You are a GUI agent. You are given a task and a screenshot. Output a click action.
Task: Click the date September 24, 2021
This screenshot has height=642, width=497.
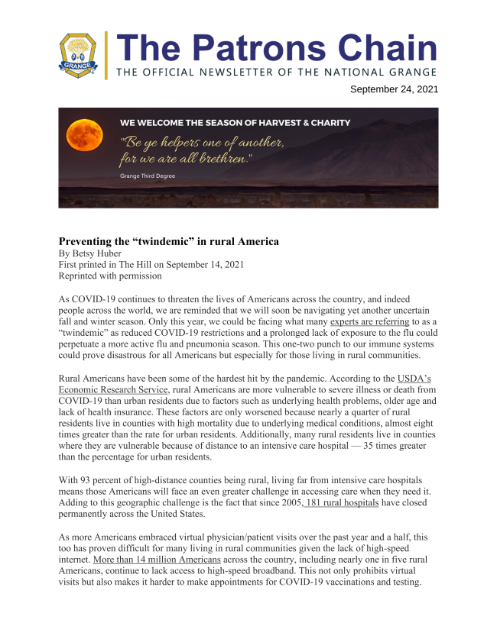[x=394, y=89]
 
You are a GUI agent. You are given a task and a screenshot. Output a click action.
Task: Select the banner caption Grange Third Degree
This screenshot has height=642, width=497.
[x=148, y=176]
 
